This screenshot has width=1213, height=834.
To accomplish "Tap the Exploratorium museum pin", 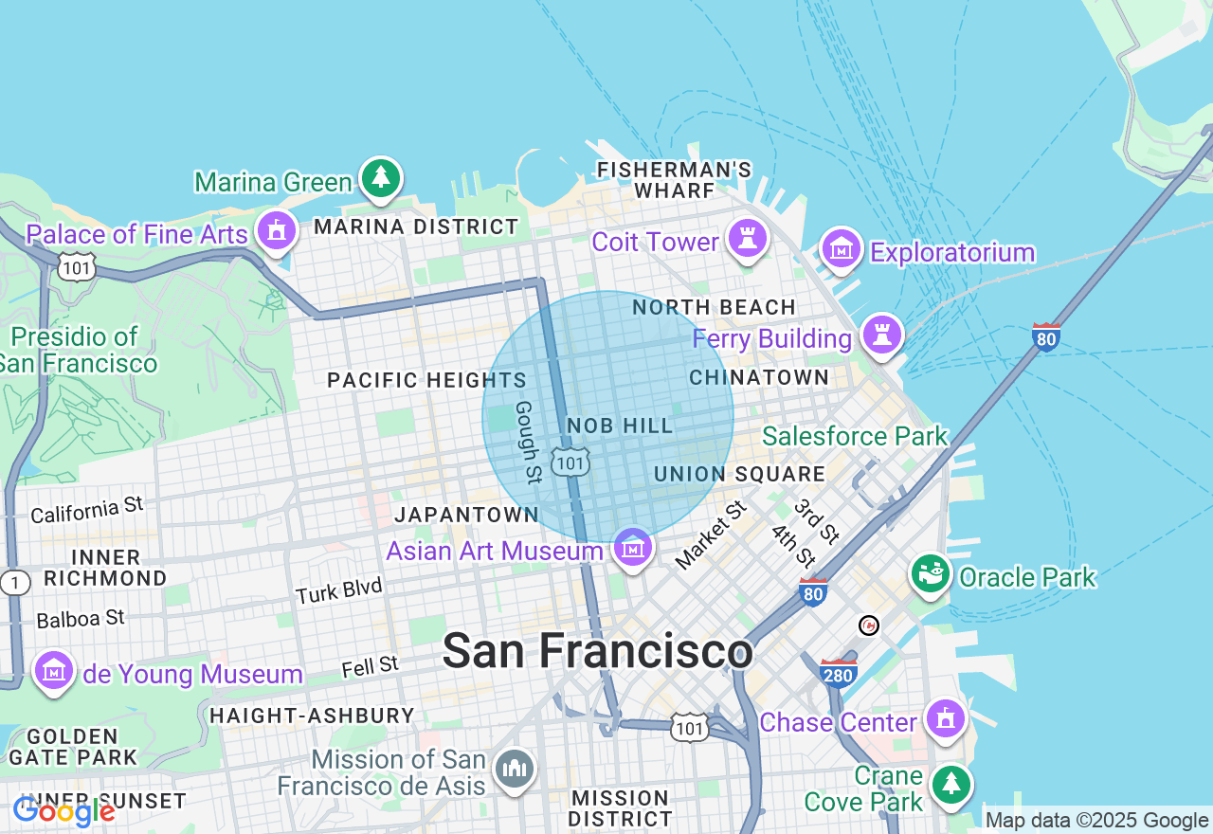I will (840, 248).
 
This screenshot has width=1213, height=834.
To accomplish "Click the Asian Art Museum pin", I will (632, 547).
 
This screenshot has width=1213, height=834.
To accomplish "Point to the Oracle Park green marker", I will (931, 573).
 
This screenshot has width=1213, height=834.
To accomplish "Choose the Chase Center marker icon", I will (945, 719).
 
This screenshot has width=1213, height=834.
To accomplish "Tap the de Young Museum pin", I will (54, 671).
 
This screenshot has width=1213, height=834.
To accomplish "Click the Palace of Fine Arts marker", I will (277, 230).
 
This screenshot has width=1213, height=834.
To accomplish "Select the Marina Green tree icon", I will (381, 177).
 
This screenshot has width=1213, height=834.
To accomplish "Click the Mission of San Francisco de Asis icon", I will (515, 769).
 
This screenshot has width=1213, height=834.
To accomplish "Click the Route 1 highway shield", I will (14, 584).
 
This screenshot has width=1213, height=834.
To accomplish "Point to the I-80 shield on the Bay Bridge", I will (1045, 336).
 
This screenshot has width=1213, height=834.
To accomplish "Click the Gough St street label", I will (528, 441).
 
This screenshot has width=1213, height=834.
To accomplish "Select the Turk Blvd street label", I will (338, 590).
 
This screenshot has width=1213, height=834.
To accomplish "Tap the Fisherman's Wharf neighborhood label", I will (674, 180).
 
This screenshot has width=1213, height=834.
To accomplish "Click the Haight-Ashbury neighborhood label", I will (312, 716).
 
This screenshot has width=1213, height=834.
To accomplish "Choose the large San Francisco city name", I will (597, 651).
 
